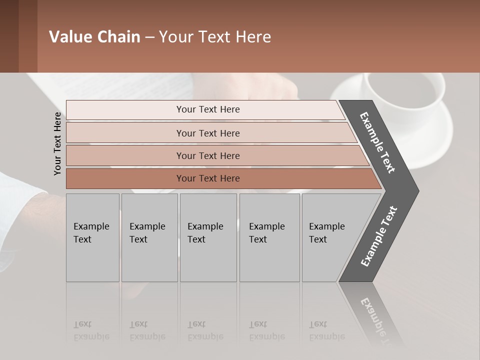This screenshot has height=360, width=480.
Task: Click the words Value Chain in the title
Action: [94, 37]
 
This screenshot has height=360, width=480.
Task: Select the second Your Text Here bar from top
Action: [208, 133]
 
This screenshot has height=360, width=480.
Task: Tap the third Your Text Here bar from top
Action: [208, 155]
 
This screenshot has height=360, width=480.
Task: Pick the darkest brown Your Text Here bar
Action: [208, 178]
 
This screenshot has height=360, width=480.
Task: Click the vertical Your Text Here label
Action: [57, 143]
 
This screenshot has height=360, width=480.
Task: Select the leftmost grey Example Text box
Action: [92, 237]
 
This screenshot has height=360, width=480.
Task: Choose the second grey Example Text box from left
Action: [149, 237]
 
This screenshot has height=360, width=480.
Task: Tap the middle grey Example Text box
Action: [208, 237]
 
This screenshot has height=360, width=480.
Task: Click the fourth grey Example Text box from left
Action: [269, 237]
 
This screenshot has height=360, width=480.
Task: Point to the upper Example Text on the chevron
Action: [377, 142]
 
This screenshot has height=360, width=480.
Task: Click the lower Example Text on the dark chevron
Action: [379, 236]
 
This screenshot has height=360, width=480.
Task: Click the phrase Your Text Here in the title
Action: [215, 37]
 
